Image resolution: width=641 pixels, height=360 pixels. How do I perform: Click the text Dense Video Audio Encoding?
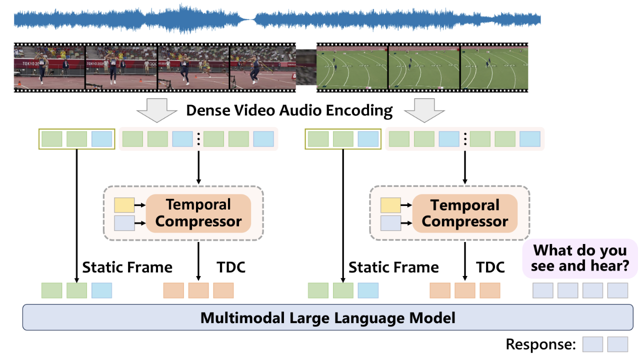[x=289, y=110]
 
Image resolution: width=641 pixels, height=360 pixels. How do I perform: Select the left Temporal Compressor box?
[x=198, y=213]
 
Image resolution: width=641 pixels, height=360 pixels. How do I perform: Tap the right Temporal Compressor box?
[x=465, y=213]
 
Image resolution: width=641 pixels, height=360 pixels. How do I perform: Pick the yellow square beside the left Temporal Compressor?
[x=124, y=205]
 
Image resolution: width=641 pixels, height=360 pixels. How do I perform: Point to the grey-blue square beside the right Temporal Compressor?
[x=390, y=223]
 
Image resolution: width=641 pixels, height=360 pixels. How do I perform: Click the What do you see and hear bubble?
[x=579, y=258]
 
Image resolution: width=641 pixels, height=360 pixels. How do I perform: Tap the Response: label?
[x=540, y=344]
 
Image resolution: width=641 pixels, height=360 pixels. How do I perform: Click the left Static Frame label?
[x=127, y=267]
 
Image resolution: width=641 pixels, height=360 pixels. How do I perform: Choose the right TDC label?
[x=490, y=267]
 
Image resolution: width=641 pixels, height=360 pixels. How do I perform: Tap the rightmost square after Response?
[x=617, y=344]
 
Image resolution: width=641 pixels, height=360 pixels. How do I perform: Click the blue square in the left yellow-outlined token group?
[x=101, y=139]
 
